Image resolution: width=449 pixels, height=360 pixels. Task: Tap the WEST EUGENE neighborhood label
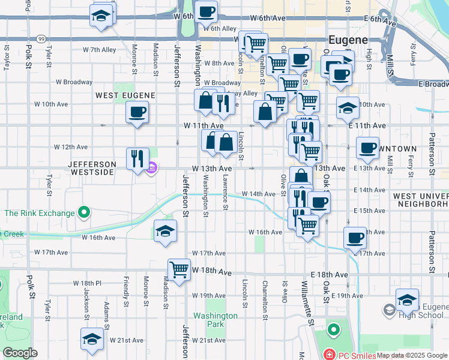[125, 95]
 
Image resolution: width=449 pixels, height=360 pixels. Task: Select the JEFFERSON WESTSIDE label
[92, 168]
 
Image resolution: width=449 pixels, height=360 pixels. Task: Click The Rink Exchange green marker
[85, 212]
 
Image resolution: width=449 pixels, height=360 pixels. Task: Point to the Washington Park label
[215, 320]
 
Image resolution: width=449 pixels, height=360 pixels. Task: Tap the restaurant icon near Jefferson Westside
[137, 159]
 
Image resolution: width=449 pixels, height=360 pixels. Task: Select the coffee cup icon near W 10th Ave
[137, 112]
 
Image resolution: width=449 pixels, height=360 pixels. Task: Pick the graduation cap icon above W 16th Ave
[164, 231]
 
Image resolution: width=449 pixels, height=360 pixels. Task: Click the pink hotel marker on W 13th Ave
[153, 169]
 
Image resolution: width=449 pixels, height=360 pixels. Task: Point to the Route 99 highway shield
[41, 39]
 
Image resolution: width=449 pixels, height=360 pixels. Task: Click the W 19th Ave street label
[209, 296]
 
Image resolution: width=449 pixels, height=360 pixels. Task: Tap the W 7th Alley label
[100, 50]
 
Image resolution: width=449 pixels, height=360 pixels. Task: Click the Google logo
[20, 353]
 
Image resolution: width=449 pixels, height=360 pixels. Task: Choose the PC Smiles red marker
[330, 355]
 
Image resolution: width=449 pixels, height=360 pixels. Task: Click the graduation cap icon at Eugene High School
[407, 299]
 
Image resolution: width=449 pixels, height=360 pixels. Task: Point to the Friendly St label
[126, 289]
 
